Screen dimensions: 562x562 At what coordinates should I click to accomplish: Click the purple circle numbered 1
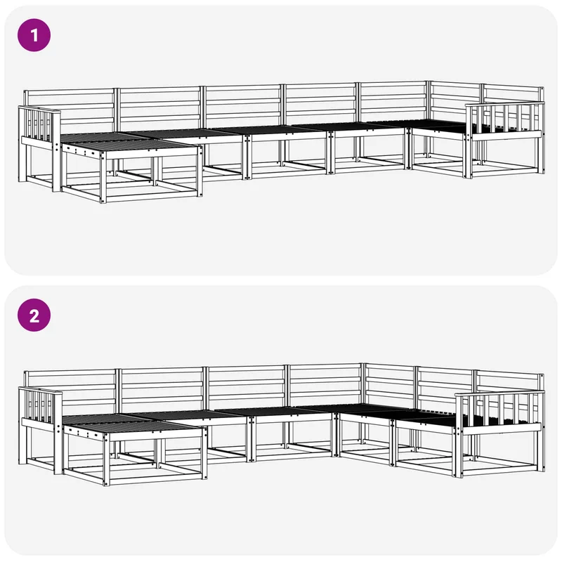[x=34, y=35]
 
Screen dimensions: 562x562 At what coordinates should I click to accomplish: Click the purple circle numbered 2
[x=34, y=315]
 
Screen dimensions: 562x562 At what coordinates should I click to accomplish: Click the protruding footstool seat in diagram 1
[x=131, y=147]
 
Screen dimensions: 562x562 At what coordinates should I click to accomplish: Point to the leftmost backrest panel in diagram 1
[x=70, y=107]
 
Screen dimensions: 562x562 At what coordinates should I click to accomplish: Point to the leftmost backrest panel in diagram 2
[x=71, y=389]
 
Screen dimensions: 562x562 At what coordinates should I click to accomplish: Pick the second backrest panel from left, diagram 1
[x=159, y=106]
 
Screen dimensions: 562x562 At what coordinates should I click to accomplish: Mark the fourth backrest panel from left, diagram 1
[x=321, y=103]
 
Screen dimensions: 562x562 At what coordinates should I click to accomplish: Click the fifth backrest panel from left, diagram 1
[x=393, y=102]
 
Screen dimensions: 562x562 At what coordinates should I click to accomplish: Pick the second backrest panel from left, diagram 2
[x=162, y=388]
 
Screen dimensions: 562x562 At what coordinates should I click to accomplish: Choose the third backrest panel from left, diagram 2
[x=247, y=386]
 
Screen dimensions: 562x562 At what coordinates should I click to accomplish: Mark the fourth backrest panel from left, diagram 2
[x=325, y=384]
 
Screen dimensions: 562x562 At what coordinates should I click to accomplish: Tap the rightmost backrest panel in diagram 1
[x=514, y=97]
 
